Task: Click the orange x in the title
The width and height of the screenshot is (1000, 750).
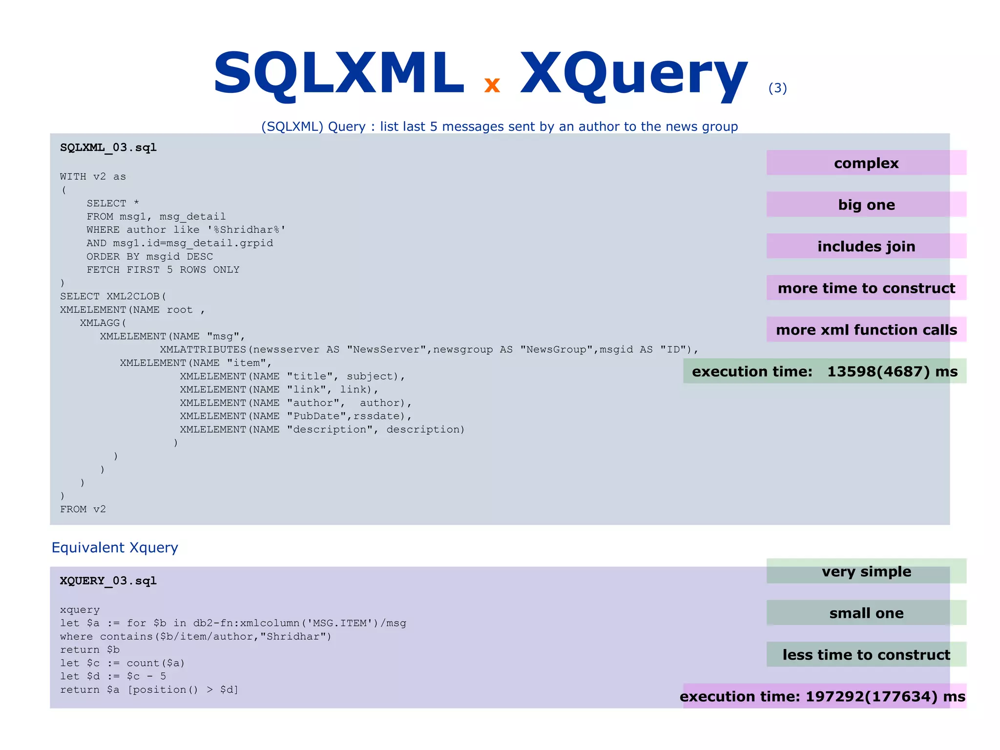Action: click(x=492, y=85)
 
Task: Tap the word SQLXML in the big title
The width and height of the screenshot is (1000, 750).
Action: click(x=338, y=73)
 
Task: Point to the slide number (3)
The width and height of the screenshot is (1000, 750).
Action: click(x=777, y=88)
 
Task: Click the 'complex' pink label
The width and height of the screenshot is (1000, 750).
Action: click(x=866, y=163)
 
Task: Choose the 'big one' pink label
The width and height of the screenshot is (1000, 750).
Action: click(x=866, y=205)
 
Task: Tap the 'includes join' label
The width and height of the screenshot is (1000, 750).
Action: click(x=866, y=246)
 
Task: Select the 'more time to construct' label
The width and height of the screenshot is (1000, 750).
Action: click(x=866, y=288)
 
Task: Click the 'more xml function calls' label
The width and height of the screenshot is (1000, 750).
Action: click(x=866, y=330)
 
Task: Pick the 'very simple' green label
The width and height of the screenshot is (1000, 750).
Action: click(x=866, y=571)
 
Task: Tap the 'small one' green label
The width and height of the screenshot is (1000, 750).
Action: click(x=866, y=613)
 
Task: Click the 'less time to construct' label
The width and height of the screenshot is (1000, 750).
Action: click(x=866, y=655)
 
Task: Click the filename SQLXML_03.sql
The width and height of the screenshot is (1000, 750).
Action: click(x=108, y=147)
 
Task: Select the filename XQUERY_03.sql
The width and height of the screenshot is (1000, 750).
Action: click(x=108, y=581)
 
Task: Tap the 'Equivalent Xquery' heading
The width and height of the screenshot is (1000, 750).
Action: click(x=115, y=547)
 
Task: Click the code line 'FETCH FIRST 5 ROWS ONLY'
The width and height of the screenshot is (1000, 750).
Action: click(x=163, y=270)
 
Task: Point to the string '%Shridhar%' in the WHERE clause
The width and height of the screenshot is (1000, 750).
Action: click(x=247, y=229)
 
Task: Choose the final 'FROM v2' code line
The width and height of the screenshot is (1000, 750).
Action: click(x=83, y=509)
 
